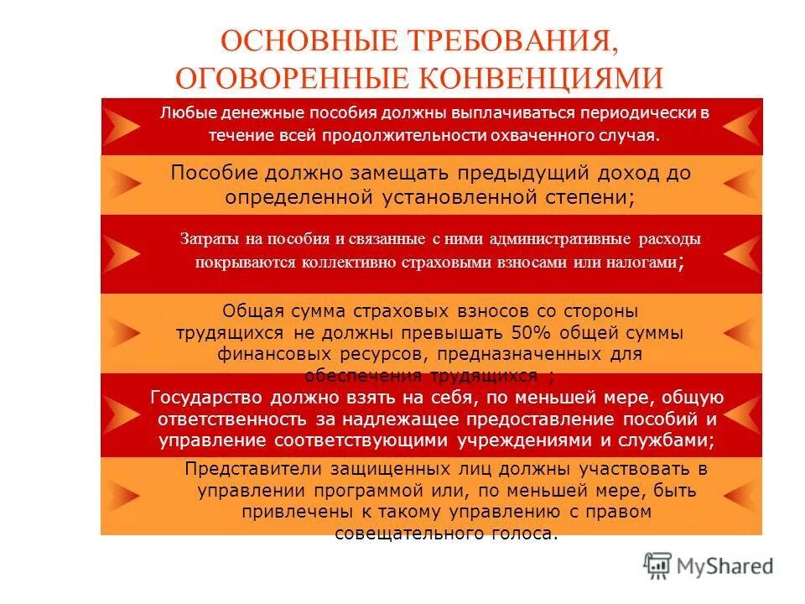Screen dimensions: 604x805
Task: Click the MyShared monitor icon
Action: (x=658, y=566)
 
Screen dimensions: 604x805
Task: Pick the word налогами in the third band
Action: (x=645, y=262)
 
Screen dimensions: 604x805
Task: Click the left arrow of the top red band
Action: (x=123, y=127)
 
